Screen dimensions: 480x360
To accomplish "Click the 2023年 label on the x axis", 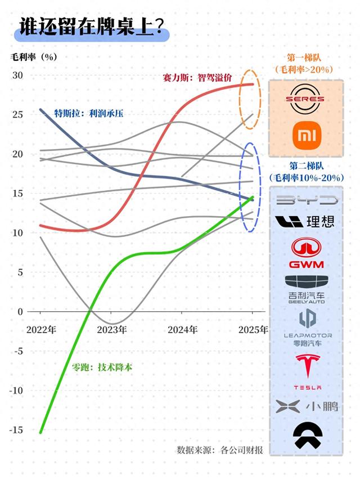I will click(x=111, y=330).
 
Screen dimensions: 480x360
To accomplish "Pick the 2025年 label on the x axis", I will click(x=253, y=330).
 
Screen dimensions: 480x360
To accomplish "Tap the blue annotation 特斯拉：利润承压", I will click(x=88, y=113).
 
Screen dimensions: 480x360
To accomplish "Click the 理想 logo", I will click(x=306, y=221).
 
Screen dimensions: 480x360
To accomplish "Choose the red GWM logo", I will click(x=305, y=253).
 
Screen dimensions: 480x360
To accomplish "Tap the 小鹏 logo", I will click(x=307, y=406).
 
